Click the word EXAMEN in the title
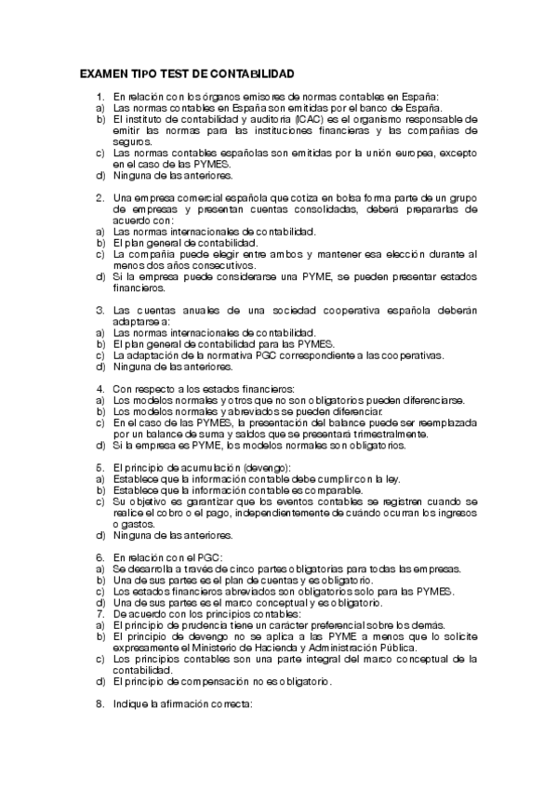104,73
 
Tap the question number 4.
100,389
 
